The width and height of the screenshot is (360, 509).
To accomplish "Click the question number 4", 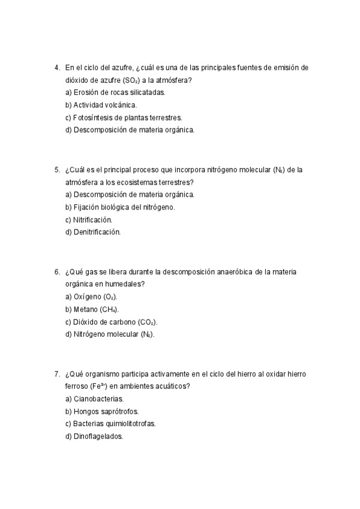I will click(x=56, y=68).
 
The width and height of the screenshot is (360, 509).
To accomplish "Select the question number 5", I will click(x=56, y=170).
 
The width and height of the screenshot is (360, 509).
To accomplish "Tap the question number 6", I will click(x=56, y=272).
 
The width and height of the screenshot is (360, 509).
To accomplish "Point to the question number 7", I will click(x=56, y=374).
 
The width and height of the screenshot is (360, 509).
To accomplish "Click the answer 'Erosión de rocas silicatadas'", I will click(x=115, y=92).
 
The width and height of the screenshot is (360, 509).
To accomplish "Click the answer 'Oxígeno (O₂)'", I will click(x=91, y=297).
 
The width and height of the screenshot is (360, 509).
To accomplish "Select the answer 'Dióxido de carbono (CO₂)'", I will click(x=111, y=322).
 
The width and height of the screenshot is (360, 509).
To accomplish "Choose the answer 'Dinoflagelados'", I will click(x=94, y=436).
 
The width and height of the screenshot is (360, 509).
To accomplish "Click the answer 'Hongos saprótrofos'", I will click(x=102, y=411).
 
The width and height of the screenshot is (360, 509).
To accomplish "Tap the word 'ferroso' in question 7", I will click(x=77, y=387).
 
